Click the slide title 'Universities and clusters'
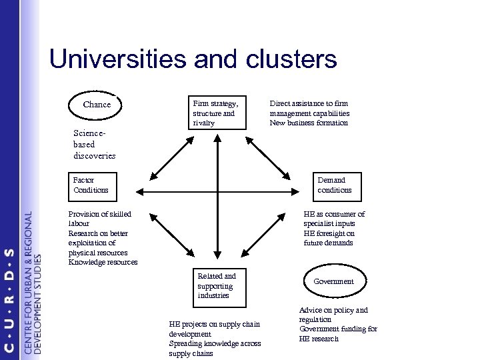193,60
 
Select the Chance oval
97,105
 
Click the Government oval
334,281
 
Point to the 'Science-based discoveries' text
94,145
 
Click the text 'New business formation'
309,123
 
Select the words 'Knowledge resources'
103,263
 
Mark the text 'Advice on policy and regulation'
334,315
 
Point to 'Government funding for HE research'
338,333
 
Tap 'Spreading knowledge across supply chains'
215,348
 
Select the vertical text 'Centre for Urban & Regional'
28,283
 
